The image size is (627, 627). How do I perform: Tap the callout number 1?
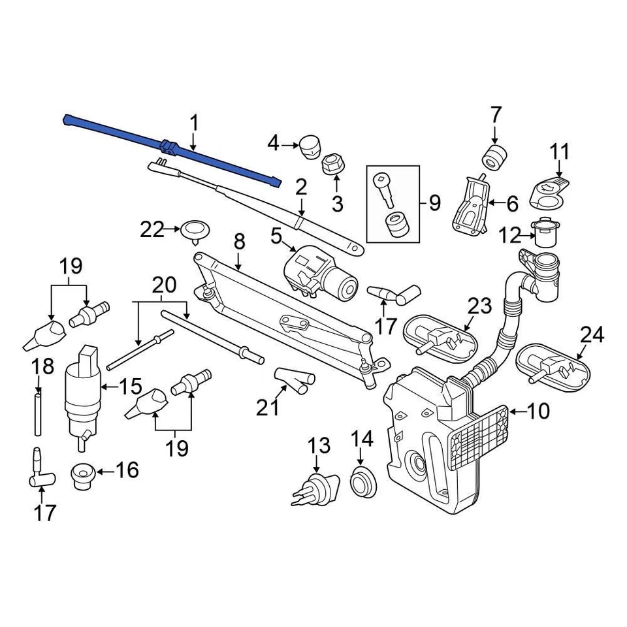point(194,123)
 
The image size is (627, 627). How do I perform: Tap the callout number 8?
point(239,242)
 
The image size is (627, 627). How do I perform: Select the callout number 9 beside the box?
point(434,203)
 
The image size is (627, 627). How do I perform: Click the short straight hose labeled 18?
point(38,413)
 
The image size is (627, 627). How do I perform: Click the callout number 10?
point(539,411)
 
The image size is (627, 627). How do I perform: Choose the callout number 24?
point(592,336)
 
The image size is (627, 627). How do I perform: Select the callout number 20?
point(164,285)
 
